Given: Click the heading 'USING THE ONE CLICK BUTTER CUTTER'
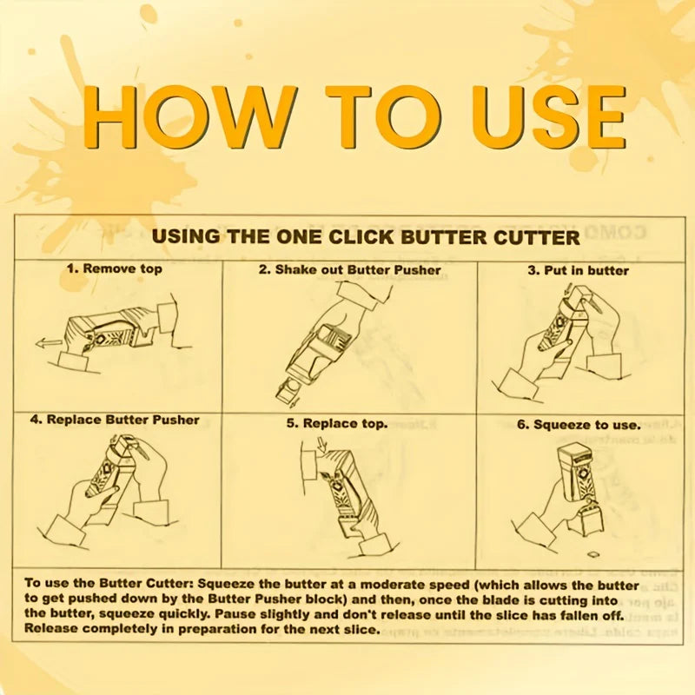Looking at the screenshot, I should point(366,237).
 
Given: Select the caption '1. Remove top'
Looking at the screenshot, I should point(115,269).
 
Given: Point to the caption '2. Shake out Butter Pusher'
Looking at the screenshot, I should point(349,270).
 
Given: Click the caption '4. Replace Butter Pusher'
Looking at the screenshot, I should point(115,420).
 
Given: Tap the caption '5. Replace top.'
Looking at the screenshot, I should point(338,424).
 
